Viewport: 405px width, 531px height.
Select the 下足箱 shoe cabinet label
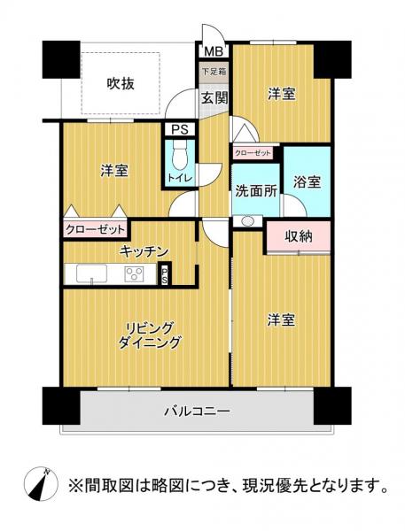coord(213,71)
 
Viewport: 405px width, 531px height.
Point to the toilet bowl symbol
coord(178,158)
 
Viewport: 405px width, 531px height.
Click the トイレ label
coord(180,178)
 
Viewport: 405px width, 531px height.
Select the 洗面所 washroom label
coord(256,189)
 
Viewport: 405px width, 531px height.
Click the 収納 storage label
coord(298,236)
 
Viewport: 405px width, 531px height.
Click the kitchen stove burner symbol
coord(136,275)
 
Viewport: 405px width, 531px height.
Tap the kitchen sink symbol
coord(91,275)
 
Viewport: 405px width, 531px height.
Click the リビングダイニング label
coord(154,335)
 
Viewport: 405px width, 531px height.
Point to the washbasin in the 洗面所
coord(247,221)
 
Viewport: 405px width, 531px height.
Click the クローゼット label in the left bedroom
coord(93,229)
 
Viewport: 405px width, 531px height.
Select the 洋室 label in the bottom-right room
coord(278,324)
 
